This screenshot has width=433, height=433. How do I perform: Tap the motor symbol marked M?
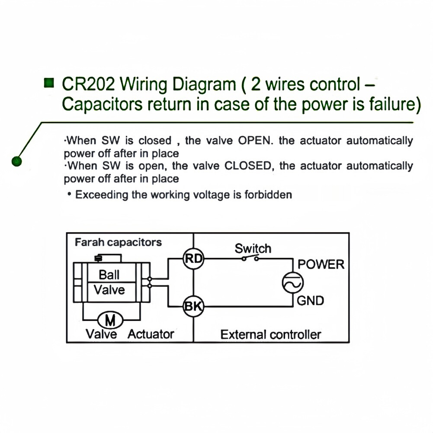tap(110, 321)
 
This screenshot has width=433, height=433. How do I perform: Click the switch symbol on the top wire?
tap(250, 259)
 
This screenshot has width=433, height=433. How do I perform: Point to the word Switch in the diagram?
tap(253, 248)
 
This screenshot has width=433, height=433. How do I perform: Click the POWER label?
tap(321, 264)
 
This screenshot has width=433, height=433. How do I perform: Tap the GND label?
tap(311, 300)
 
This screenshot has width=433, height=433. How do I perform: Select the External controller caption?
tap(271, 334)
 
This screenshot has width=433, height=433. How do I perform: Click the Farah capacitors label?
tap(119, 242)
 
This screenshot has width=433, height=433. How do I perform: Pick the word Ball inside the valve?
tap(109, 274)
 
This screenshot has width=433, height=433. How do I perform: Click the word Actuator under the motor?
tap(151, 334)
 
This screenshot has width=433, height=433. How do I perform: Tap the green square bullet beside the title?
tap(50, 82)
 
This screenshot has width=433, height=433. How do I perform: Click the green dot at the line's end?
tap(17, 161)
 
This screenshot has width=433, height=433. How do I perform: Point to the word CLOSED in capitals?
tap(249, 166)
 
